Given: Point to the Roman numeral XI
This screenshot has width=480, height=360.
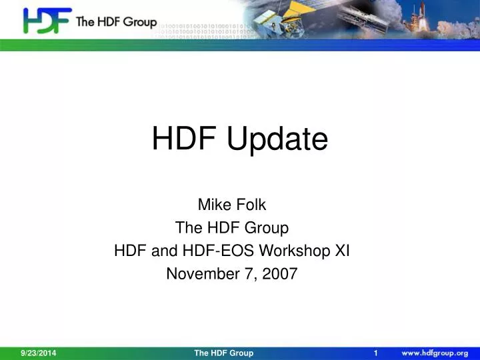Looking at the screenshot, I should point(341,251).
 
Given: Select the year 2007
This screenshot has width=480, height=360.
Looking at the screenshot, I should point(281,273).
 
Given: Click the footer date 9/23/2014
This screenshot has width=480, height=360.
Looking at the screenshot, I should point(38,353).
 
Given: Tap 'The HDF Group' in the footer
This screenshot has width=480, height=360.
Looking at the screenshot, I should point(224,353).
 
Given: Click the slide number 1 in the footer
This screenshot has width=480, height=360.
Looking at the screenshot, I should point(377,353).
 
